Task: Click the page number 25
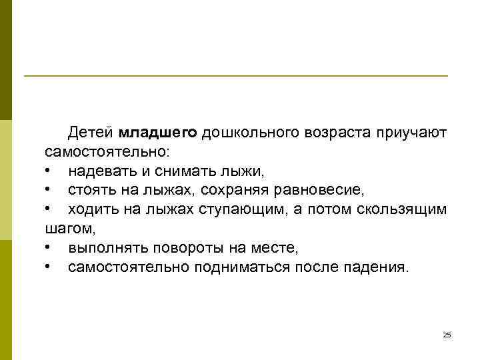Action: pyautogui.click(x=447, y=335)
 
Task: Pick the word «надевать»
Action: pyautogui.click(x=98, y=171)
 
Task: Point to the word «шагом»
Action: pyautogui.click(x=69, y=229)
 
